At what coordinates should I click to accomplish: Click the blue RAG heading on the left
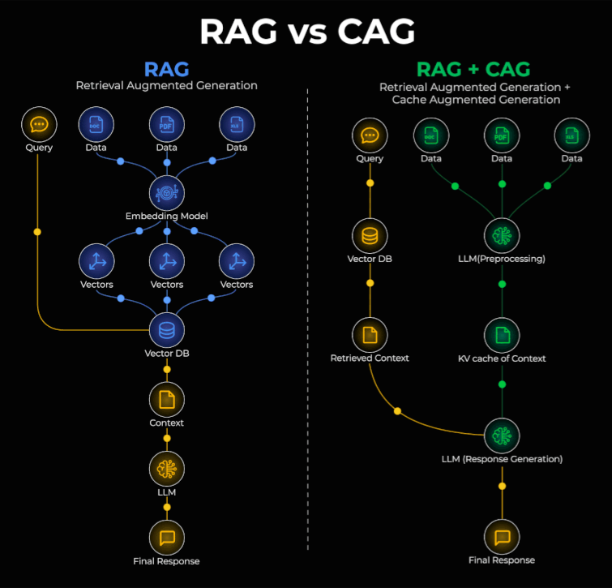click(x=167, y=69)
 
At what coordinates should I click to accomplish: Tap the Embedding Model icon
click(x=167, y=193)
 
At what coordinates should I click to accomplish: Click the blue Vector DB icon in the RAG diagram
click(x=167, y=330)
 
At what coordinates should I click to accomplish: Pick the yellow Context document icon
click(x=167, y=399)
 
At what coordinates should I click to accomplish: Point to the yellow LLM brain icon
click(x=167, y=469)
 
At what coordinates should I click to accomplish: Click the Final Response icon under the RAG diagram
click(x=167, y=538)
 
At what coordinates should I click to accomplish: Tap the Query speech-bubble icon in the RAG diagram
click(x=38, y=125)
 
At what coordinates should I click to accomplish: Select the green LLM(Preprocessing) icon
click(x=502, y=236)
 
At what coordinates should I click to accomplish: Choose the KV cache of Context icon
click(x=502, y=334)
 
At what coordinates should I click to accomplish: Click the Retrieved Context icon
click(x=370, y=334)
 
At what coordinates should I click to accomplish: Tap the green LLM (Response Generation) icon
click(x=502, y=436)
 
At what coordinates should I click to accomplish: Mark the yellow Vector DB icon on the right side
click(x=370, y=236)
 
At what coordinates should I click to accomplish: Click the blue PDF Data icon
click(x=167, y=125)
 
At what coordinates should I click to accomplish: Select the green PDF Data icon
click(x=502, y=135)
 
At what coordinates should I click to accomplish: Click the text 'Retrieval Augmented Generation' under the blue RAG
click(x=167, y=85)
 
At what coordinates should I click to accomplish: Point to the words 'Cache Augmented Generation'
click(x=476, y=100)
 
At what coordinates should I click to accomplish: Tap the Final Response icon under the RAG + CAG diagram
click(x=502, y=537)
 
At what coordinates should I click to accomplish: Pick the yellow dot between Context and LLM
click(x=167, y=438)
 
